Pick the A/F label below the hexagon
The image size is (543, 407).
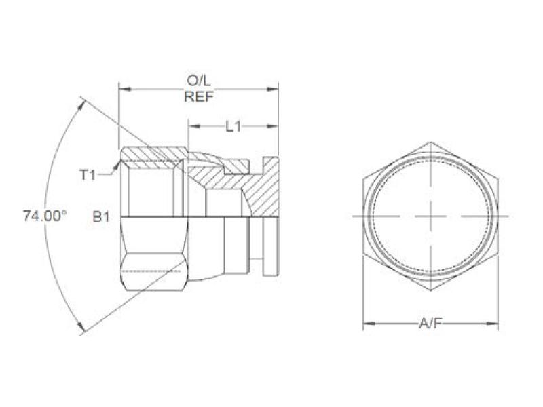point(430,325)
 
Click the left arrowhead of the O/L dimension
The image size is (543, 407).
point(123,88)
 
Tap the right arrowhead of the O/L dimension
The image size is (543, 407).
point(274,88)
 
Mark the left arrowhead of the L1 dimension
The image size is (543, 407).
point(193,126)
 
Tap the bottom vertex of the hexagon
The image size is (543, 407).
point(430,293)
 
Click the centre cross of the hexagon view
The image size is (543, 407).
point(430,216)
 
